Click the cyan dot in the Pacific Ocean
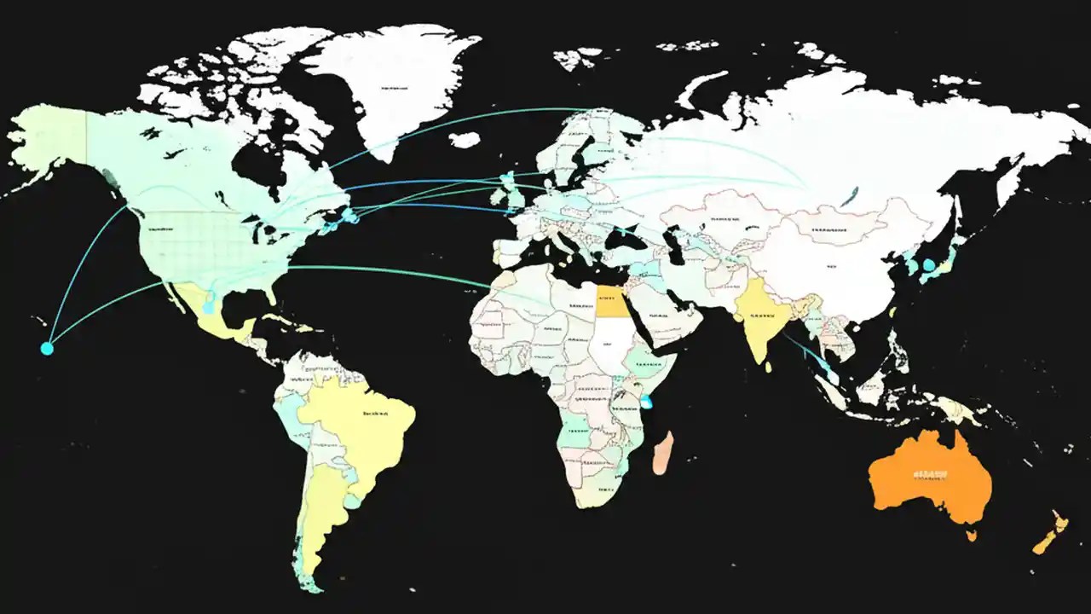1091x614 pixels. click(x=47, y=348)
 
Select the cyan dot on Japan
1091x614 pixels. click(x=928, y=265)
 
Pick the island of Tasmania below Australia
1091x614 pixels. click(x=971, y=536)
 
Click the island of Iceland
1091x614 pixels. click(x=465, y=139)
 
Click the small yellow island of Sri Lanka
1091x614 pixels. click(x=768, y=367)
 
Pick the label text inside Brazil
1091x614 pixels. click(x=375, y=414)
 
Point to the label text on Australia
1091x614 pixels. click(x=930, y=473)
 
